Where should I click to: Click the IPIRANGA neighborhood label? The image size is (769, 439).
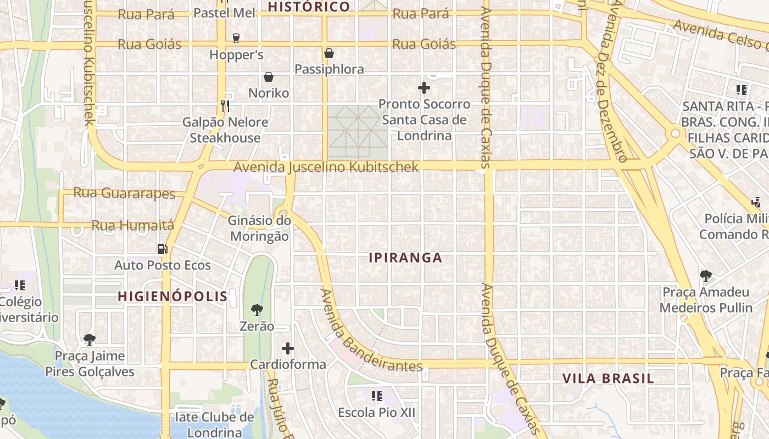pos(405,258)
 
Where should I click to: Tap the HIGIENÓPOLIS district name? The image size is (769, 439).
pos(172,297)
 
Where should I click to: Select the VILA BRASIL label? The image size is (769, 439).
pos(608,379)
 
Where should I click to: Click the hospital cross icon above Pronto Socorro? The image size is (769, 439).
pos(424,87)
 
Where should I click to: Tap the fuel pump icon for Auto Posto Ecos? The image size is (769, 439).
pos(162,249)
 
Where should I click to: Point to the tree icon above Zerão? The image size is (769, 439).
pos(257,310)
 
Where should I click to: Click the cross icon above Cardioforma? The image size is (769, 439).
pos(288,348)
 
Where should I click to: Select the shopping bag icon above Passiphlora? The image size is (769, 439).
pos(329,53)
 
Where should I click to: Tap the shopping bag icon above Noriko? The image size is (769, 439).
pos(269,77)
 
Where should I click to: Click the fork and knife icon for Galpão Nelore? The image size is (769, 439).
pos(225,105)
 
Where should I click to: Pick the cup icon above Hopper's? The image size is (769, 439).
pos(236,38)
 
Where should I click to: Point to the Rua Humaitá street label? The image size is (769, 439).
pos(132,226)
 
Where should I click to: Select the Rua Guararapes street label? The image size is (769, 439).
pos(124,193)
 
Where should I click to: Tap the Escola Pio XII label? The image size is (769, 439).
pos(377,413)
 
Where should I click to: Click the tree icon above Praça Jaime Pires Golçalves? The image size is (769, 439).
pos(90,339)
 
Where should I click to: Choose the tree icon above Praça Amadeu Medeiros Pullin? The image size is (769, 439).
pos(706,275)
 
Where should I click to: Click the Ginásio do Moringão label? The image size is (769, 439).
pos(259,229)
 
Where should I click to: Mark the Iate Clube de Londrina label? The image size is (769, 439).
pos(214,425)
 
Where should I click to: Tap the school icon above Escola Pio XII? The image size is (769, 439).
pos(377,396)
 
